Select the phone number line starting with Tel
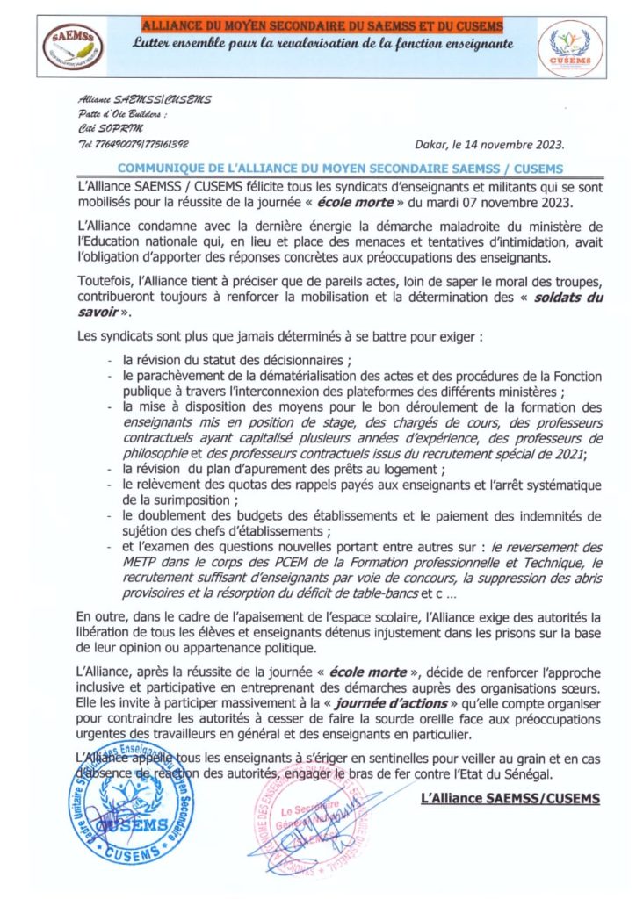pyautogui.click(x=134, y=143)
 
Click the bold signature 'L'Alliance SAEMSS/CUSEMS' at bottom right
pyautogui.click(x=510, y=798)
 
